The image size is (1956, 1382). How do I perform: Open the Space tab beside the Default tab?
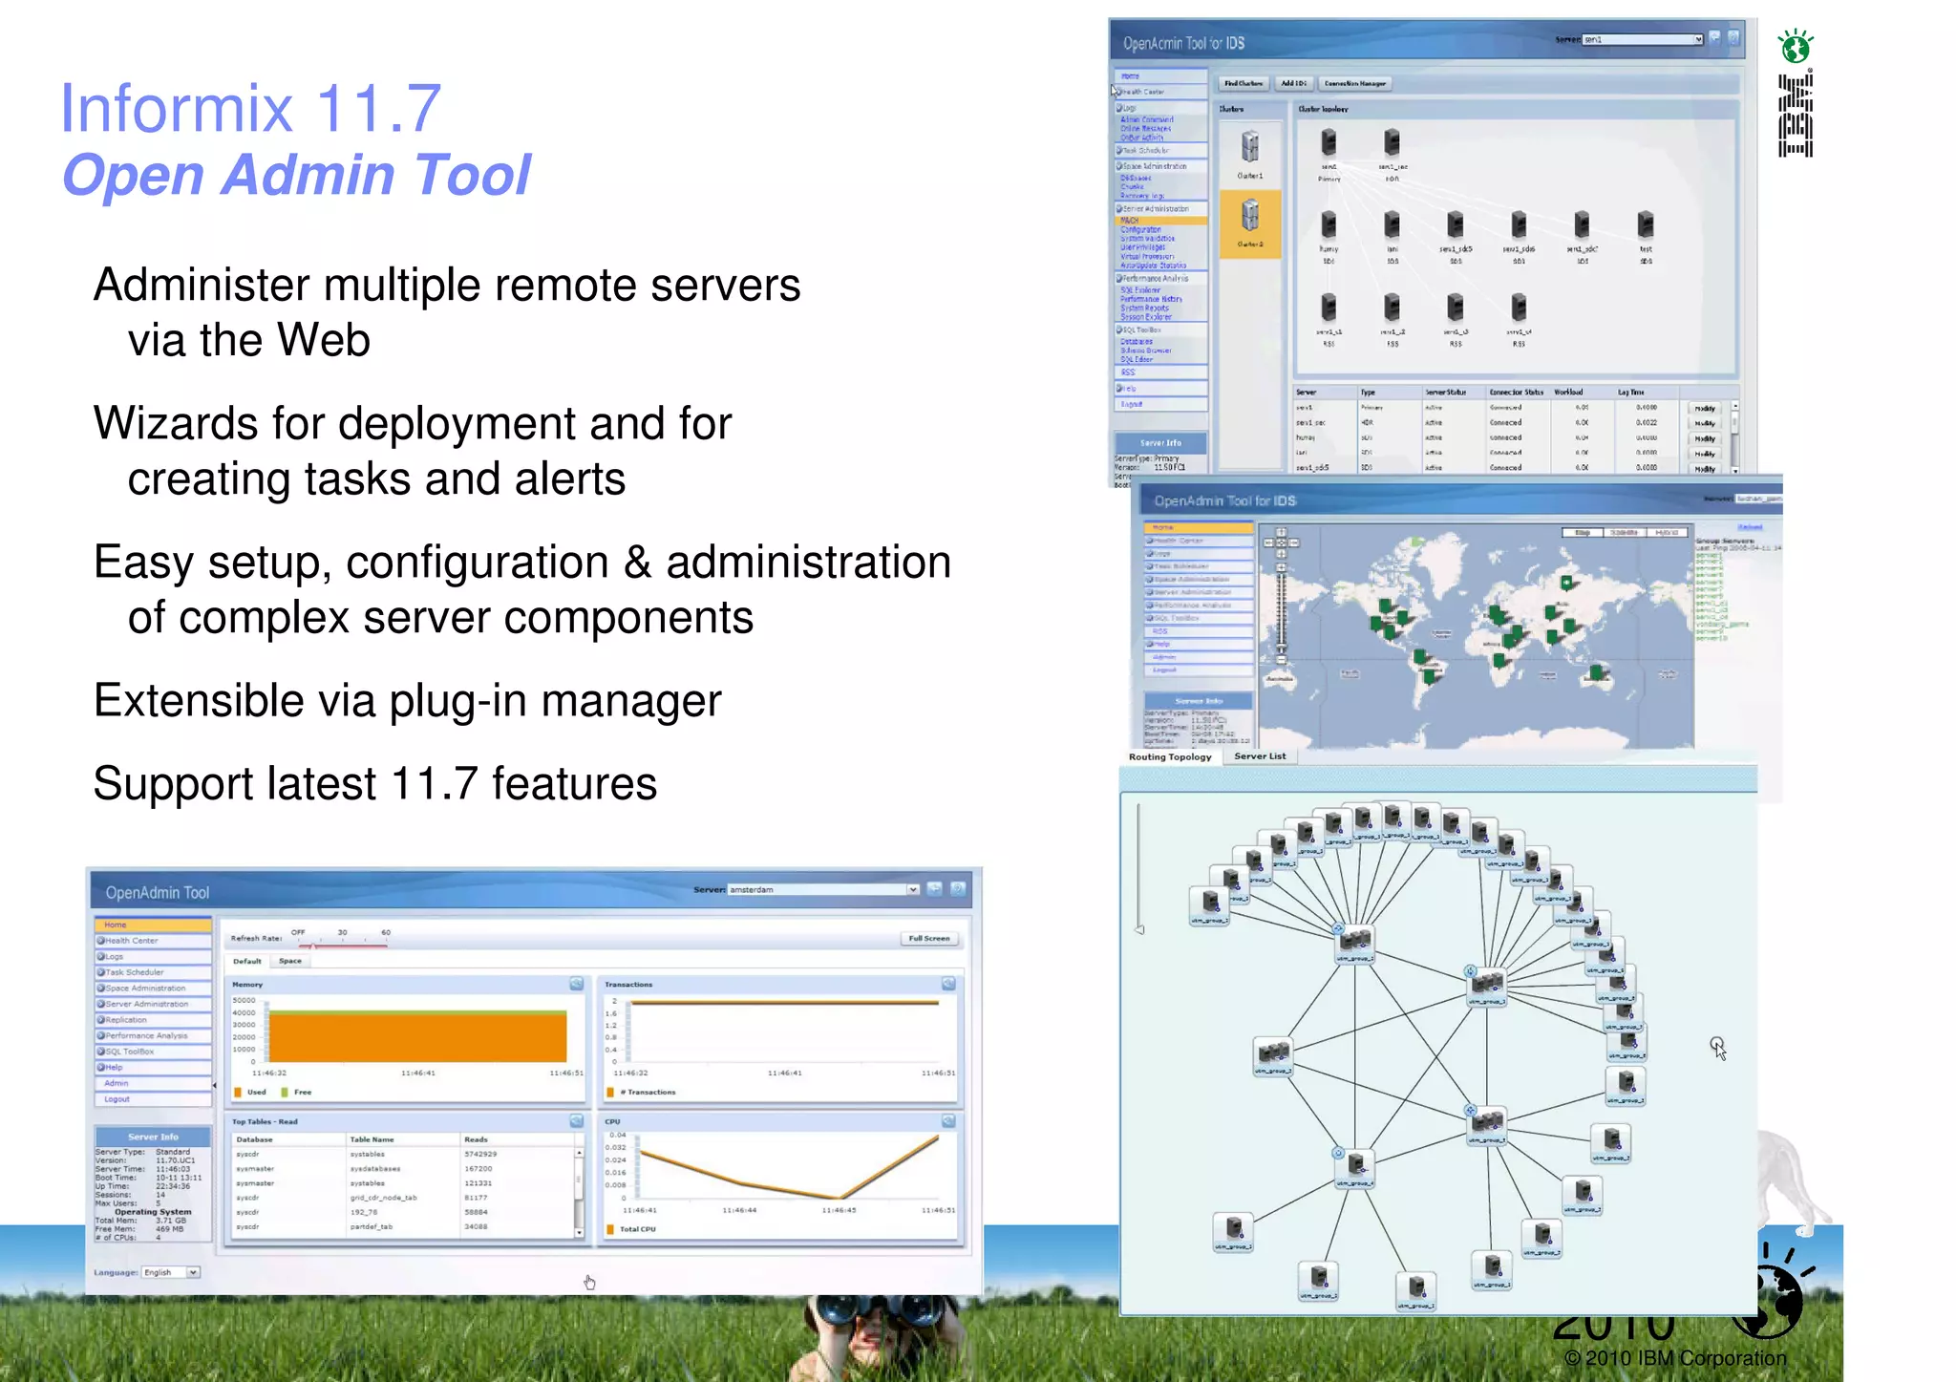point(290,961)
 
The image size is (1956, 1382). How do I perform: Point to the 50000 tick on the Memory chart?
point(244,1000)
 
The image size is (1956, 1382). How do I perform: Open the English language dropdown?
point(170,1272)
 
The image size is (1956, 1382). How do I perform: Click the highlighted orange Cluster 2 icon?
point(1250,221)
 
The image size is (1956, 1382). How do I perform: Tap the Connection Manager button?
point(1354,83)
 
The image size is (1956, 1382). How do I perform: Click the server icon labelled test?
point(1645,226)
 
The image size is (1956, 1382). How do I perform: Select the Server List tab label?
point(1260,756)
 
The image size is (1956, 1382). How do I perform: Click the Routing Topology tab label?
point(1170,757)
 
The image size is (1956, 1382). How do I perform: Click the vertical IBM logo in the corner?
point(1796,115)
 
